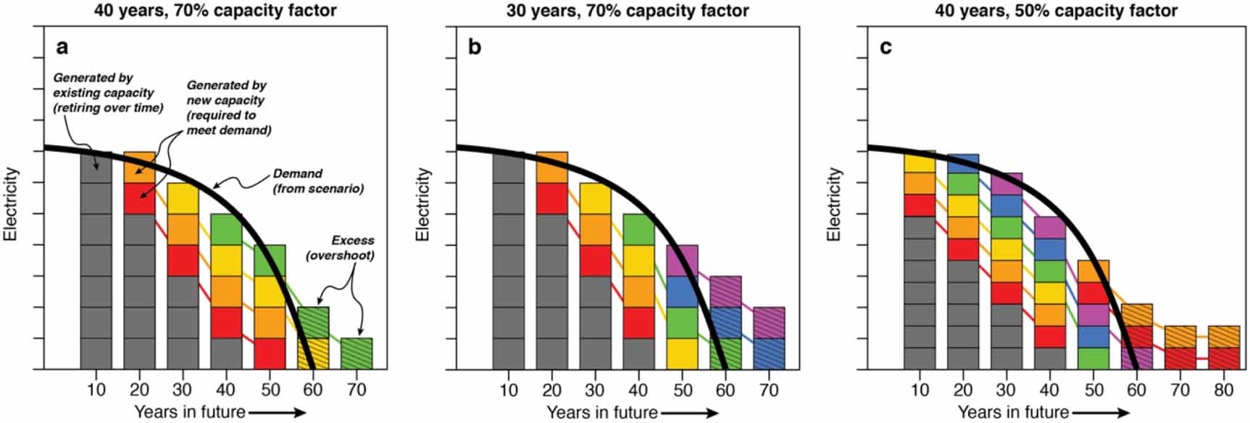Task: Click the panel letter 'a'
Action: pyautogui.click(x=62, y=47)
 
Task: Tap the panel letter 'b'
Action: pyautogui.click(x=475, y=47)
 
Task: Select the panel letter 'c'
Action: pyautogui.click(x=886, y=47)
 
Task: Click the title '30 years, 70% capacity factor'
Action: pyautogui.click(x=628, y=10)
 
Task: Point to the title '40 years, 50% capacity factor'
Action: pyautogui.click(x=1056, y=10)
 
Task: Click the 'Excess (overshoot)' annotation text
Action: pyautogui.click(x=341, y=247)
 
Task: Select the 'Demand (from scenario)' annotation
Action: pyautogui.click(x=318, y=181)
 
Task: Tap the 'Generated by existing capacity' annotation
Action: pyautogui.click(x=108, y=93)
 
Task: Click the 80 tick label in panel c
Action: pyautogui.click(x=1223, y=390)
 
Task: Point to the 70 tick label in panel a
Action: pyautogui.click(x=357, y=390)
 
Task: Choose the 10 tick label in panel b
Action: pyautogui.click(x=509, y=390)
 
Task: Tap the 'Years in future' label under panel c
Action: pyautogui.click(x=1013, y=412)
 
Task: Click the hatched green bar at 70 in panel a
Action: pyautogui.click(x=357, y=353)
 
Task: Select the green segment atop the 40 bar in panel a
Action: pyautogui.click(x=226, y=229)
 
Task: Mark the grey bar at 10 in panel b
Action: pyautogui.click(x=508, y=261)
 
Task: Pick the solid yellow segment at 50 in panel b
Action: pyautogui.click(x=682, y=353)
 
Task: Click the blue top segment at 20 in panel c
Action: pyautogui.click(x=963, y=163)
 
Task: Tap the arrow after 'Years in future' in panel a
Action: pyautogui.click(x=278, y=413)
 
